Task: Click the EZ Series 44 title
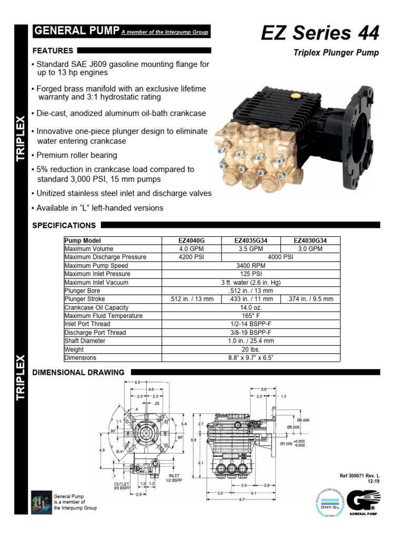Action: pyautogui.click(x=320, y=33)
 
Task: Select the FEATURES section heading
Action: pyautogui.click(x=53, y=51)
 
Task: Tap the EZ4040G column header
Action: pyautogui.click(x=191, y=241)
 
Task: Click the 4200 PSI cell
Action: pyautogui.click(x=191, y=257)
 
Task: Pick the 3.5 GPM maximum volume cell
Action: pyautogui.click(x=250, y=249)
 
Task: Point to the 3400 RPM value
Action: pyautogui.click(x=250, y=266)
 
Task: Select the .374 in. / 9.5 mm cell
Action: pyautogui.click(x=310, y=299)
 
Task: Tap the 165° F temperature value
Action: pyautogui.click(x=250, y=316)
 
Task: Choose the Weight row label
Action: pyautogui.click(x=74, y=350)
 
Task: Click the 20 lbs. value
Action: pyautogui.click(x=250, y=350)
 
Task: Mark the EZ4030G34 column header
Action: pyautogui.click(x=310, y=241)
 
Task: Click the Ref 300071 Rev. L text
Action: pyautogui.click(x=360, y=475)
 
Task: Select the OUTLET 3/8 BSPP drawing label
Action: pyautogui.click(x=122, y=485)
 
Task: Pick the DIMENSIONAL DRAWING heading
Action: pyautogui.click(x=78, y=372)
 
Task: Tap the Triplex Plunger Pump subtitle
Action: pyautogui.click(x=336, y=53)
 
